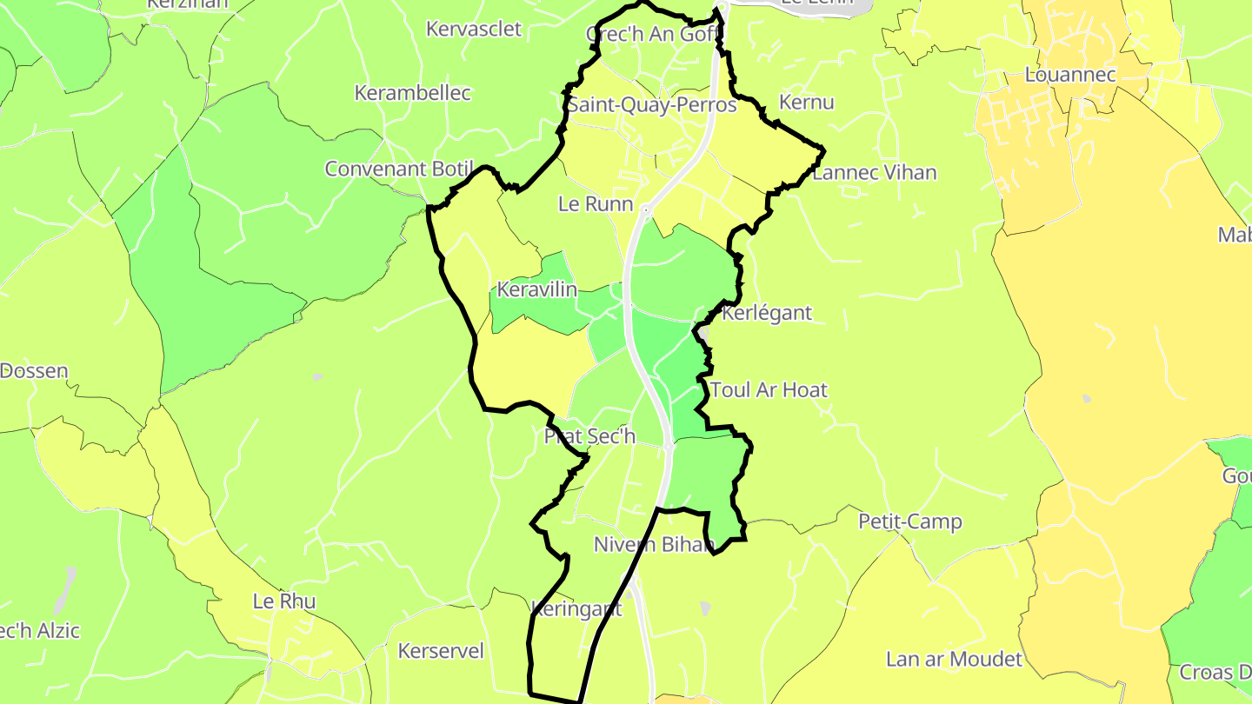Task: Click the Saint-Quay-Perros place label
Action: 652,105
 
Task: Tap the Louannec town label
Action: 1069,75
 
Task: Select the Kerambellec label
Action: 413,92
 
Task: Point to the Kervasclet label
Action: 474,29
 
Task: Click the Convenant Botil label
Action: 399,169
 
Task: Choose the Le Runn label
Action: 596,204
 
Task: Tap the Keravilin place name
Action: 536,289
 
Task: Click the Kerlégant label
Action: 767,313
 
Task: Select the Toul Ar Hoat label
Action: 769,389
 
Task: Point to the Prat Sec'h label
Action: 589,436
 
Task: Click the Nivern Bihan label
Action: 654,545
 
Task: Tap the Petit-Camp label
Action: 910,521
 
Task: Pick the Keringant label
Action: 576,608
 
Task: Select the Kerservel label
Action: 441,651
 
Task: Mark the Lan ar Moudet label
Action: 954,659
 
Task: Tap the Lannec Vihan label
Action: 875,172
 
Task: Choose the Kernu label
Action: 807,103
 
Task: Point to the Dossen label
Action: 34,371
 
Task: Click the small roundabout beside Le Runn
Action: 645,209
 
